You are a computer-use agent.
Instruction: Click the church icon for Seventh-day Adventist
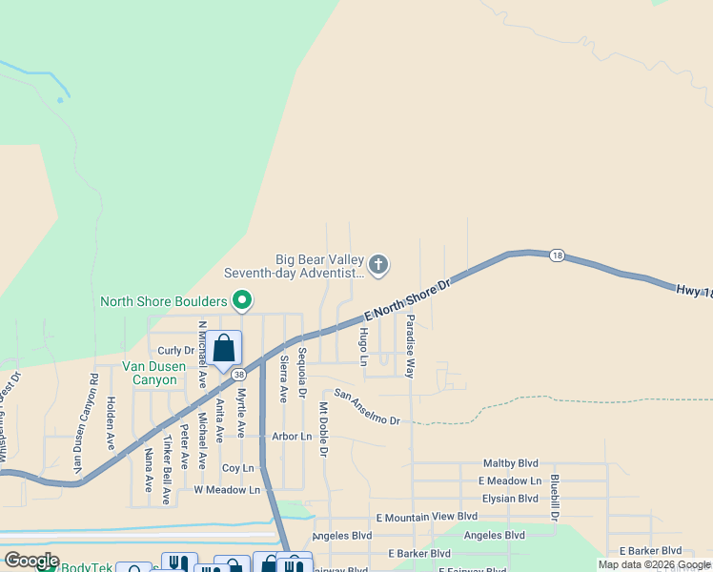tap(378, 265)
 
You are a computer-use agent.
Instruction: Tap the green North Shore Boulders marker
tap(242, 301)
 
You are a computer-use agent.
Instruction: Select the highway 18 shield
tap(558, 255)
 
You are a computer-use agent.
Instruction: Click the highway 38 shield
tap(238, 375)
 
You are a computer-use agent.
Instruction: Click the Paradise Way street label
tap(411, 346)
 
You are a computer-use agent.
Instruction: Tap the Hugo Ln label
tap(363, 345)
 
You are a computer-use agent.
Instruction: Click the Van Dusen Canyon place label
tap(150, 373)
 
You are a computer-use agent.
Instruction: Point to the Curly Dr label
tap(175, 351)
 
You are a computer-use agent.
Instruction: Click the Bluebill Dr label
tap(554, 498)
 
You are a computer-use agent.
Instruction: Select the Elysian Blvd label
tap(510, 499)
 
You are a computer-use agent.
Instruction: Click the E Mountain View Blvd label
tap(426, 517)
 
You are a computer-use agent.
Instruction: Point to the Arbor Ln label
tap(292, 437)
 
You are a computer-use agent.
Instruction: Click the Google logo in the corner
tap(31, 561)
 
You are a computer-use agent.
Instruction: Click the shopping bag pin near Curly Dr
tap(224, 349)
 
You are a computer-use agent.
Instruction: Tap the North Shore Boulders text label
tap(164, 302)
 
